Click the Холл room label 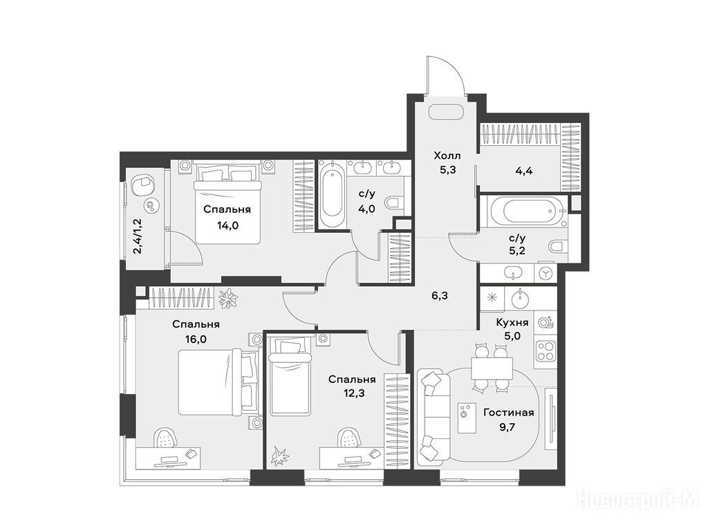point(447,156)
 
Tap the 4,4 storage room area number point(524,171)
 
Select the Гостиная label point(508,412)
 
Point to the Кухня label point(512,322)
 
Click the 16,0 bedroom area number point(196,339)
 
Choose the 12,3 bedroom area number point(354,393)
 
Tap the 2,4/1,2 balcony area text point(138,236)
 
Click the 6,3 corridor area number point(439,296)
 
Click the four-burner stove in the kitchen point(546,351)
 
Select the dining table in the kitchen point(492,368)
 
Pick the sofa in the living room point(433,417)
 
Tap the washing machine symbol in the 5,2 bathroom point(546,273)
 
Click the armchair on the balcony point(142,183)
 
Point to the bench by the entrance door point(447,112)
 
